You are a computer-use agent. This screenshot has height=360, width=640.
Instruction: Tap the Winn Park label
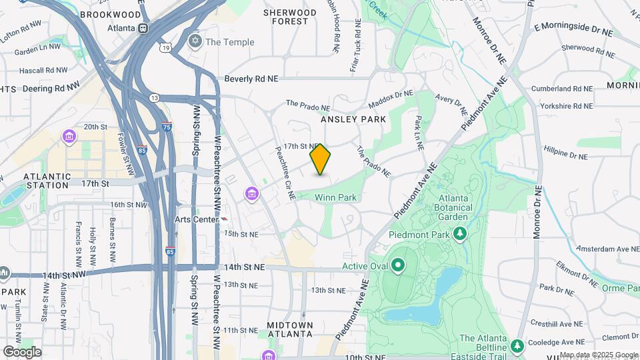[336, 197]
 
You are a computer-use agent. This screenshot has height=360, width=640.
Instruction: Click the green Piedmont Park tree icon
[459, 233]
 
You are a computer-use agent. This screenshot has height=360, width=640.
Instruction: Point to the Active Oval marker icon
[399, 267]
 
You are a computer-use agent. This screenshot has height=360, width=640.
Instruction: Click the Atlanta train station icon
[143, 29]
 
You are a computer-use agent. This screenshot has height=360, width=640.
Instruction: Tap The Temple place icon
[195, 42]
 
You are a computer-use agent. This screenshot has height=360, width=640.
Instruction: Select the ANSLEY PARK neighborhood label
[353, 119]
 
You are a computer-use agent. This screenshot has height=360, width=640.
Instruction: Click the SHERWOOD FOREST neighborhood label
[290, 17]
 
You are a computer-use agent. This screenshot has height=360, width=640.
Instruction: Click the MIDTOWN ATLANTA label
[290, 329]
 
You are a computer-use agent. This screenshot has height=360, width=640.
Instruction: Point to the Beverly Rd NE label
[251, 79]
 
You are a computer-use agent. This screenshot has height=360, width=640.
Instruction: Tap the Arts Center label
[193, 219]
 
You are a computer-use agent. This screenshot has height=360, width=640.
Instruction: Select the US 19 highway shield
[165, 47]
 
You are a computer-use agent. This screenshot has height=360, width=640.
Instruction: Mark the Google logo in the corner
[22, 352]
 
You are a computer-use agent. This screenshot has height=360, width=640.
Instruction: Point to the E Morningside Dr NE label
[573, 30]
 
